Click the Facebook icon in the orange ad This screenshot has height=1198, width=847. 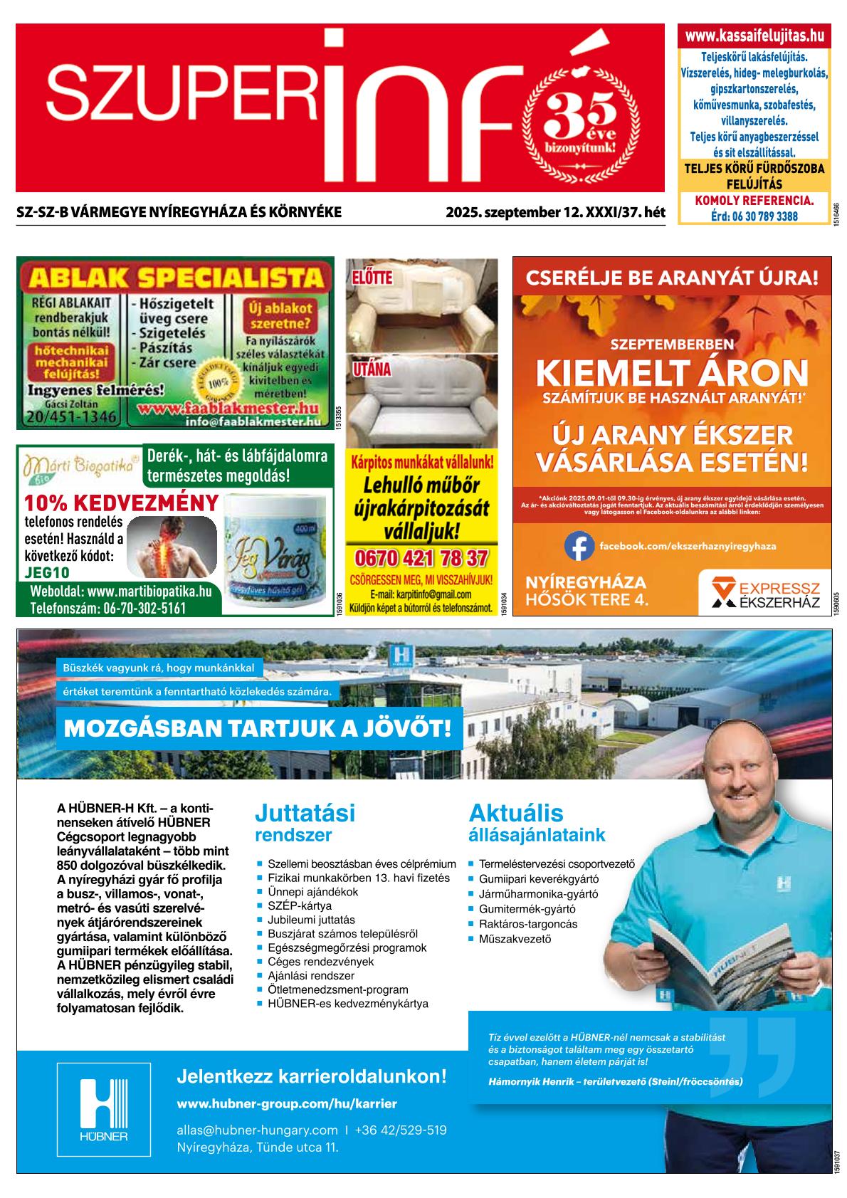pyautogui.click(x=579, y=546)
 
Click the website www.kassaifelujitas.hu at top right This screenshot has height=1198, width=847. pyautogui.click(x=754, y=36)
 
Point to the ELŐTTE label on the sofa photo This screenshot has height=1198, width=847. pyautogui.click(x=373, y=277)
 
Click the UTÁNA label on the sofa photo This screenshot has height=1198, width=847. pyautogui.click(x=372, y=370)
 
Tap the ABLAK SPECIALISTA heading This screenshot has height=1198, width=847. pyautogui.click(x=174, y=275)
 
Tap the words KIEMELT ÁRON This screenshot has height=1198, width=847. pyautogui.click(x=671, y=372)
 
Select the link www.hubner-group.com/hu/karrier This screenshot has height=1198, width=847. pyautogui.click(x=286, y=1104)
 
